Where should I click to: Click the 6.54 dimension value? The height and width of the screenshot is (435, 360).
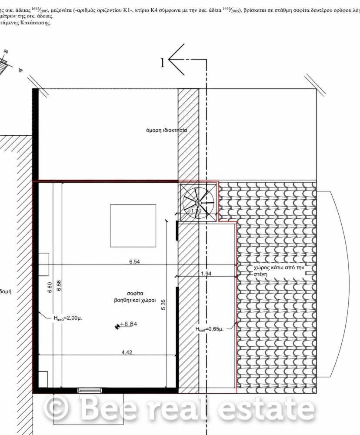pyautogui.click(x=134, y=262)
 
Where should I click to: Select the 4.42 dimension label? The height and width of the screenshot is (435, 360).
pyautogui.click(x=127, y=352)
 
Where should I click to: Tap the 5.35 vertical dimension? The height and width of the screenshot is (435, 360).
pyautogui.click(x=163, y=304)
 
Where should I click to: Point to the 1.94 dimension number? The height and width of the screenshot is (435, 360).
pyautogui.click(x=207, y=274)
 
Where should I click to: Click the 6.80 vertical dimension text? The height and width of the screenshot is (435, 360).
pyautogui.click(x=50, y=288)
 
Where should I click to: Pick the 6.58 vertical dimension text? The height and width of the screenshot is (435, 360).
pyautogui.click(x=59, y=285)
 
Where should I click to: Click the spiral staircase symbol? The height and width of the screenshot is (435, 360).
pyautogui.click(x=198, y=202)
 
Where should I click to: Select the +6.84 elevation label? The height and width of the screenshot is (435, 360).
pyautogui.click(x=129, y=324)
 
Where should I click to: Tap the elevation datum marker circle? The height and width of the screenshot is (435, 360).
pyautogui.click(x=117, y=326)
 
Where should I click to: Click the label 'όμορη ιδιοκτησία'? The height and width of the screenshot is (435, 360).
pyautogui.click(x=167, y=130)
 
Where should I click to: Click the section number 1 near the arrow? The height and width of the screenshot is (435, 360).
pyautogui.click(x=162, y=63)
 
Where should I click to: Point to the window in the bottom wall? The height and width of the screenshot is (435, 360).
pyautogui.click(x=90, y=390)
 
